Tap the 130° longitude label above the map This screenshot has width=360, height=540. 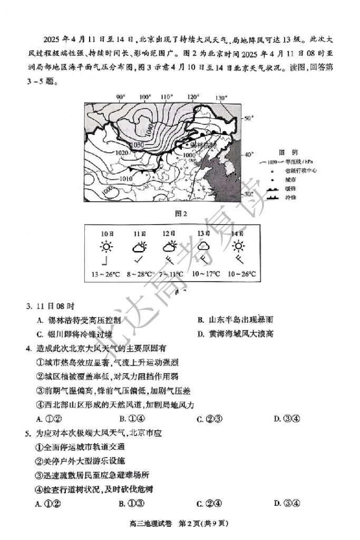click(x=221, y=98)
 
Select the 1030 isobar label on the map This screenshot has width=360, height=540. click(x=136, y=144)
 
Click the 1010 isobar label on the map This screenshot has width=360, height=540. click(x=125, y=178)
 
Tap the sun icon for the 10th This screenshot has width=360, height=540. click(x=107, y=246)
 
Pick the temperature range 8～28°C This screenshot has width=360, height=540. click(x=139, y=274)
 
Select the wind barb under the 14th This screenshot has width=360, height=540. click(x=239, y=259)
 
